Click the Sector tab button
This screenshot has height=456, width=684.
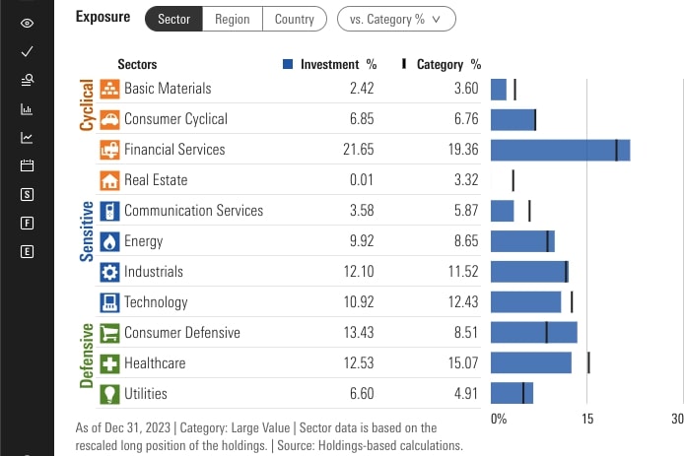pos(173,19)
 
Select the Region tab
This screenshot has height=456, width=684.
pos(233,19)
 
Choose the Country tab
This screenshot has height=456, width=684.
pos(295,19)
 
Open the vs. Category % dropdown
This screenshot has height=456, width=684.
pos(396,19)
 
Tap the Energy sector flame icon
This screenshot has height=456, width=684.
pos(109,241)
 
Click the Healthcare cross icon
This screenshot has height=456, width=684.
pos(109,363)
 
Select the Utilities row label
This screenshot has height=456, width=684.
pos(146,394)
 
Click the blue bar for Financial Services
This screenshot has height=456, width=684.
pos(560,150)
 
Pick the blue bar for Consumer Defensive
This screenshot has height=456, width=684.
pos(533,333)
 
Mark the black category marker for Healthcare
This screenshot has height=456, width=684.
pos(588,363)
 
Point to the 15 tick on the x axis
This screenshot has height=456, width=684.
pos(587,419)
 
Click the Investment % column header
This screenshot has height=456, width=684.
pos(330,65)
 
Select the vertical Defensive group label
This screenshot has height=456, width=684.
pos(86,356)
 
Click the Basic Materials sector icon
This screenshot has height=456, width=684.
pos(109,89)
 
